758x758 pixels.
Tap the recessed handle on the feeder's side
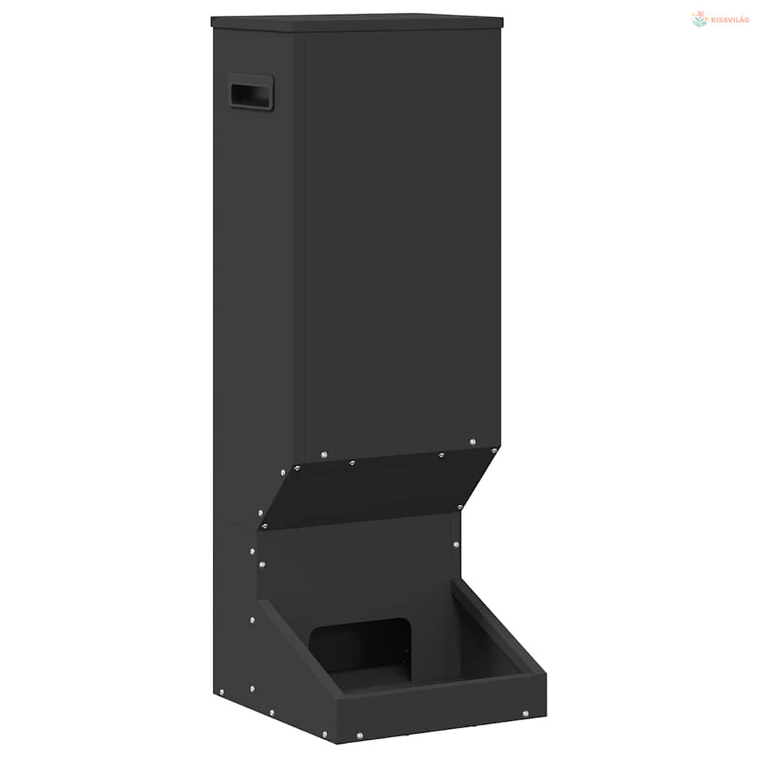pos(252,92)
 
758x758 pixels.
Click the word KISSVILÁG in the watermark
pos(730,20)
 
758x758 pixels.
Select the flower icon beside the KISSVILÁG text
pos(700,19)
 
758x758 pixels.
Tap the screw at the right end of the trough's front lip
pos(526,714)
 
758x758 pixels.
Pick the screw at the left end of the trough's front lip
pos(360,736)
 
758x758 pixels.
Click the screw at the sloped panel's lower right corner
pos(460,507)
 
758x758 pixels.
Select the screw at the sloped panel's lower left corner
pos(264,526)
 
